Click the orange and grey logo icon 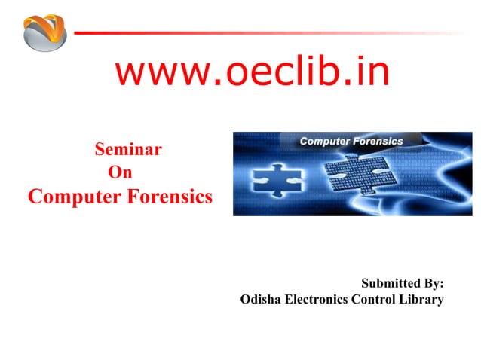click(44, 32)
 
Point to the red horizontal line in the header click(226, 33)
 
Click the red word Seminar click(127, 149)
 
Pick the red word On click(121, 172)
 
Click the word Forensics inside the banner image click(378, 141)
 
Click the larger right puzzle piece click(354, 181)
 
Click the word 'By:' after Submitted click(433, 284)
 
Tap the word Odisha click(259, 300)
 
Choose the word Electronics click(315, 300)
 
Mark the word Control click(375, 300)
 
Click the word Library click(423, 300)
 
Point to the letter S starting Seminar click(100, 149)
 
